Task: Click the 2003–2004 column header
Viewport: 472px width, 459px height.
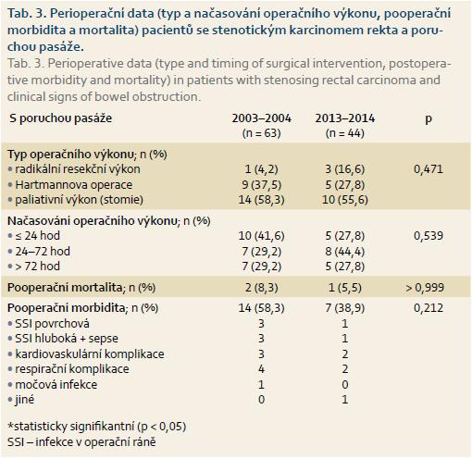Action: (x=262, y=118)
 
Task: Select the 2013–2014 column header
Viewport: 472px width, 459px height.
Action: (x=345, y=118)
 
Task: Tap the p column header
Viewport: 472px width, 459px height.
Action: (x=429, y=119)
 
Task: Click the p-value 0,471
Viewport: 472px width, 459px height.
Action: (x=429, y=169)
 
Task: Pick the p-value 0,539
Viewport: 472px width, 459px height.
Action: (x=429, y=236)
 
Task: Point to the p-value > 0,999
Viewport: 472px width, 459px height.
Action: (x=425, y=288)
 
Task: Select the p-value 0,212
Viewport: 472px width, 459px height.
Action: (x=429, y=308)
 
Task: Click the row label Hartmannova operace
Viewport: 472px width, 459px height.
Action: (x=74, y=185)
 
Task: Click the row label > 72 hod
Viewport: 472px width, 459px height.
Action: (x=38, y=267)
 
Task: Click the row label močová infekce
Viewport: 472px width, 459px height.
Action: (x=56, y=385)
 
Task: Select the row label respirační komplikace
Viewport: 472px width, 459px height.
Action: (x=72, y=369)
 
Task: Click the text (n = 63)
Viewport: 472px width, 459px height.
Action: (x=262, y=133)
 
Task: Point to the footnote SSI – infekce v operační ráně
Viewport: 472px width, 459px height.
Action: (x=81, y=442)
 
